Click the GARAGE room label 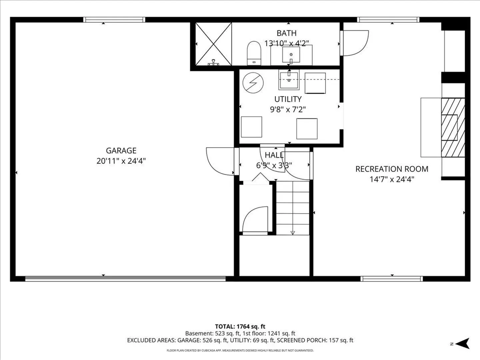121,151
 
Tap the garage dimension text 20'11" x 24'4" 121,161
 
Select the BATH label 286,33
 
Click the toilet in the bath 254,53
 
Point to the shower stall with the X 213,44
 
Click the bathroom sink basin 291,55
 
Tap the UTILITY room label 288,99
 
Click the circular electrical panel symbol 253,83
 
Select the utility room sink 289,80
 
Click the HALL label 274,155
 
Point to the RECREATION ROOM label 392,169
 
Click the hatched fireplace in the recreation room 453,127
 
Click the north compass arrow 463,343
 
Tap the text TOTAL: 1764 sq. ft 240,327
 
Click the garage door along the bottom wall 125,279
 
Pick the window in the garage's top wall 114,20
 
